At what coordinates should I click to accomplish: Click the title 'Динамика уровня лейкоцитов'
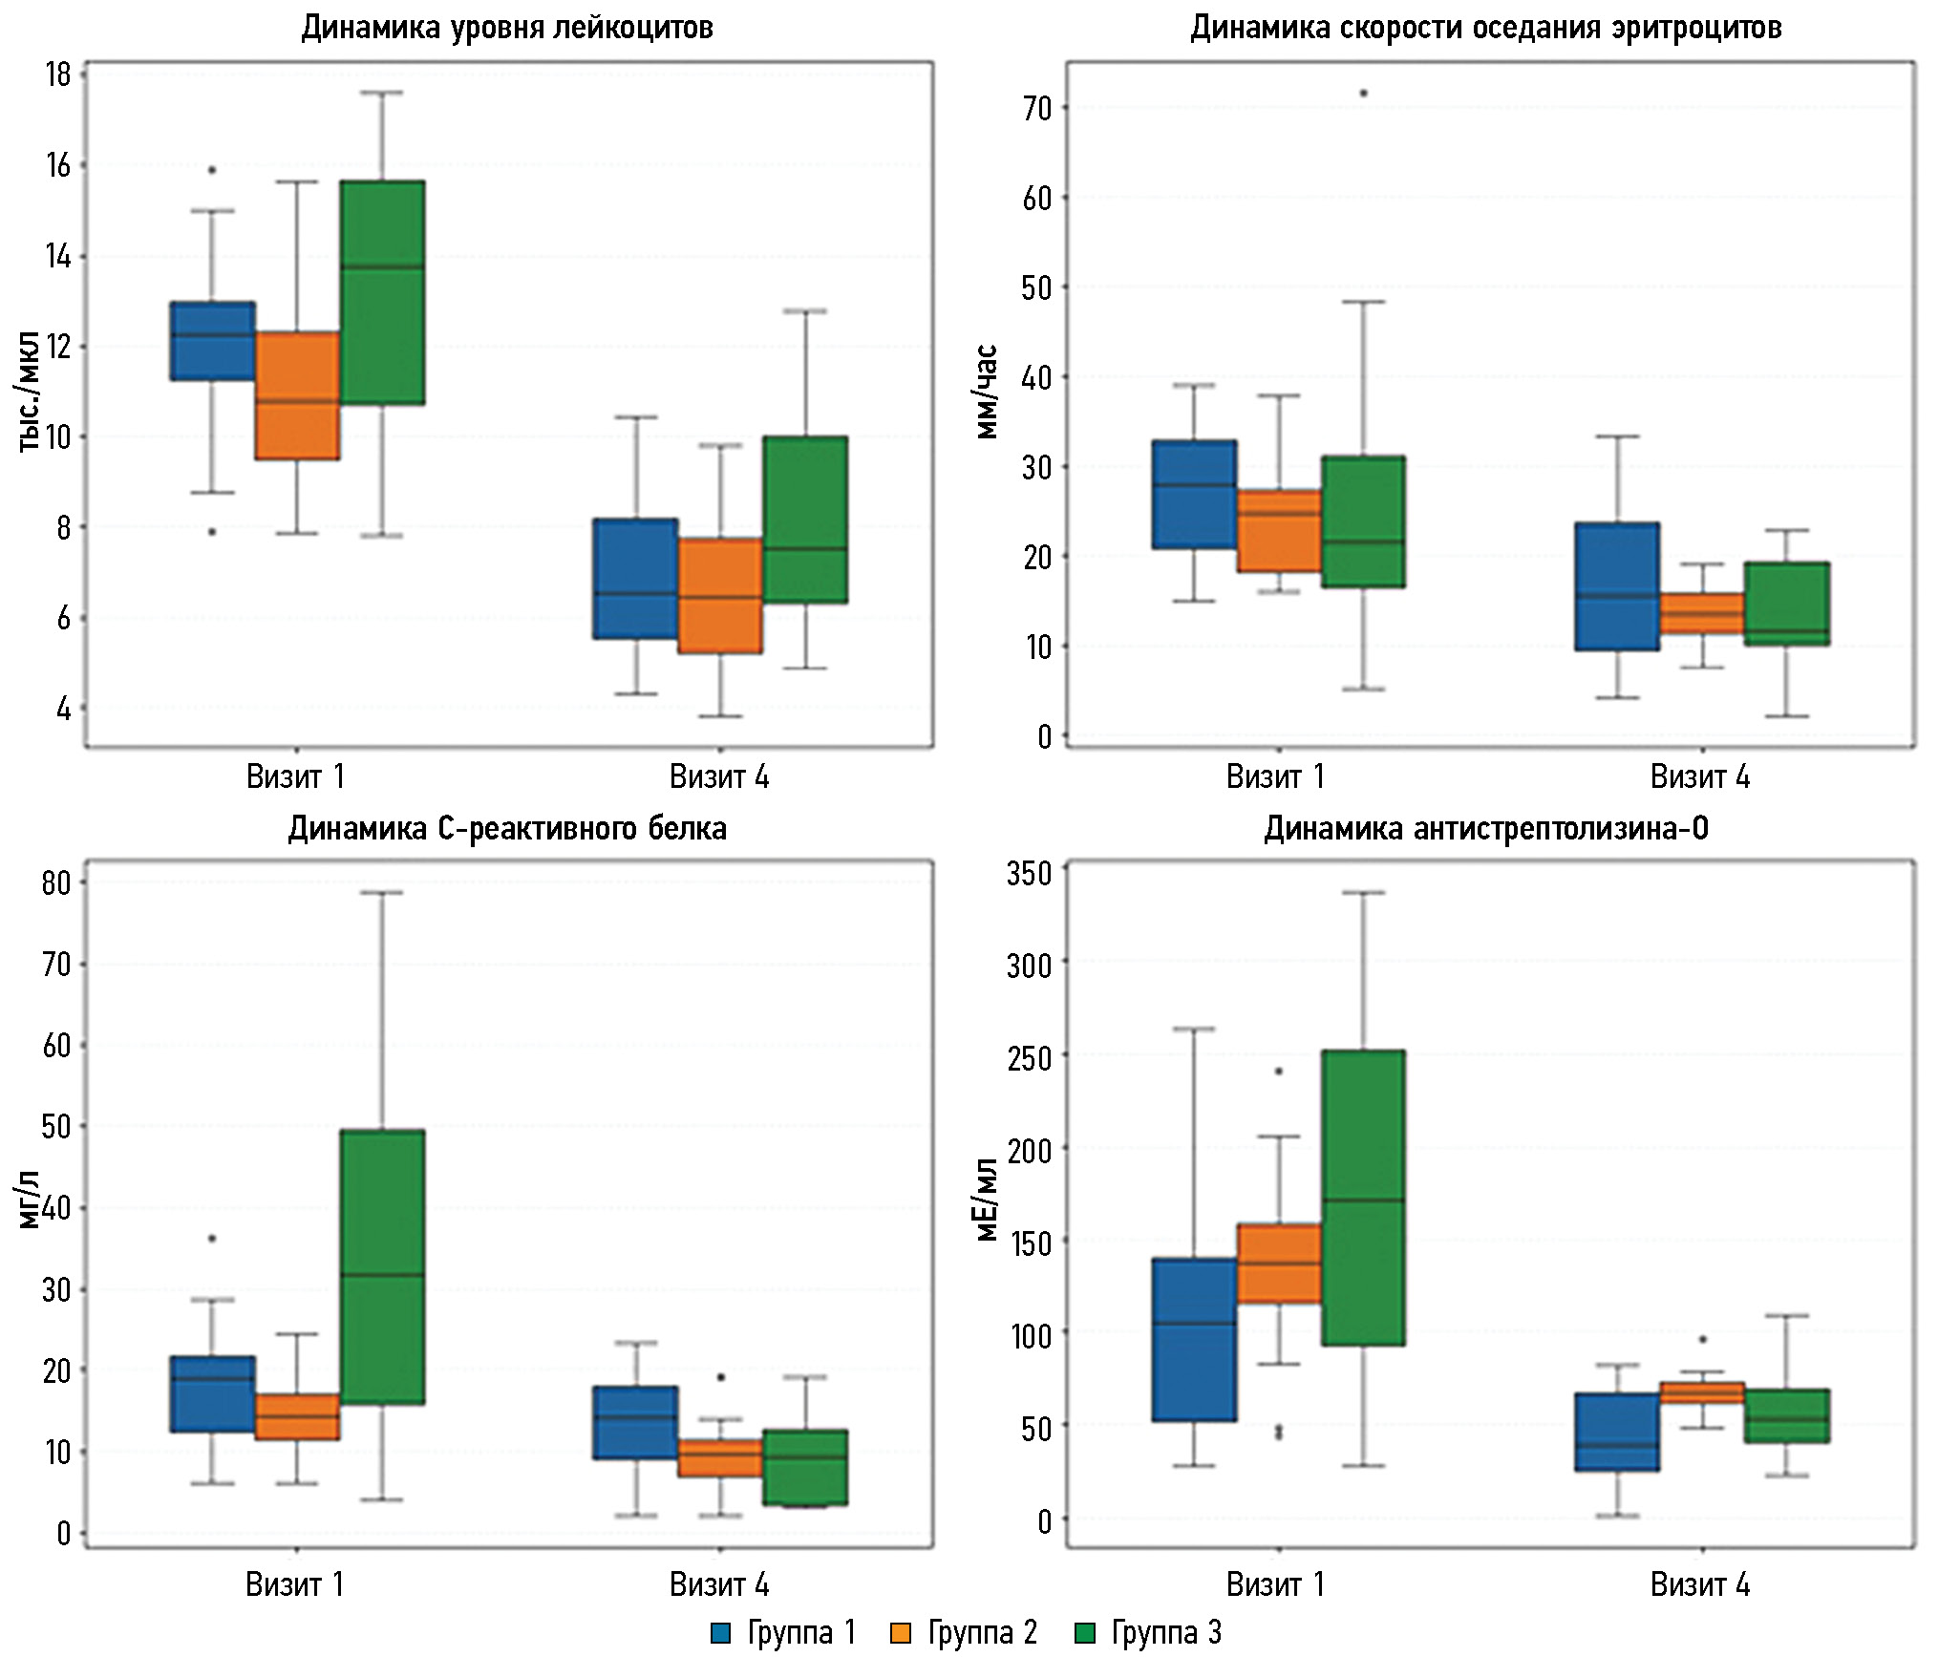click(x=507, y=28)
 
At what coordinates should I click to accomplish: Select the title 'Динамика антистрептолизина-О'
click(x=1486, y=828)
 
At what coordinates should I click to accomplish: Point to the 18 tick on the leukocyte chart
click(x=58, y=74)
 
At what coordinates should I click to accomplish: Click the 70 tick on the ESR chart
click(x=1037, y=109)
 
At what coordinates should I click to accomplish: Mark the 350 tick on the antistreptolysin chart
click(x=1030, y=873)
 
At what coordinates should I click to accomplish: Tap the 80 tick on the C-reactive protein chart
click(x=56, y=883)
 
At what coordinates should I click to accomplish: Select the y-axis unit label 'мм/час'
click(x=987, y=392)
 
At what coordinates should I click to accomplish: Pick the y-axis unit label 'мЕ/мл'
click(x=987, y=1200)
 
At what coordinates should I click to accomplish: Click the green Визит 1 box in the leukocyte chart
click(x=382, y=292)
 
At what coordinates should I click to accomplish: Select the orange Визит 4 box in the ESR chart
click(x=1702, y=613)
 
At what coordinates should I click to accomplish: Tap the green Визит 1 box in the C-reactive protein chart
click(x=382, y=1266)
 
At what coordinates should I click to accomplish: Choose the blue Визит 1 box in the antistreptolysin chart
click(x=1194, y=1340)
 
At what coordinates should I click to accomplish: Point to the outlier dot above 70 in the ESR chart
click(x=1363, y=94)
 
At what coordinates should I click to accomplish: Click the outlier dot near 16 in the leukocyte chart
click(x=212, y=170)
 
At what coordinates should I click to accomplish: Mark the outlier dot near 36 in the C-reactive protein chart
click(x=212, y=1239)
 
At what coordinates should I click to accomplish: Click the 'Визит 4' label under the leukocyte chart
click(x=718, y=777)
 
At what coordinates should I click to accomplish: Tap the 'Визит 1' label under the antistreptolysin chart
click(x=1275, y=1585)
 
